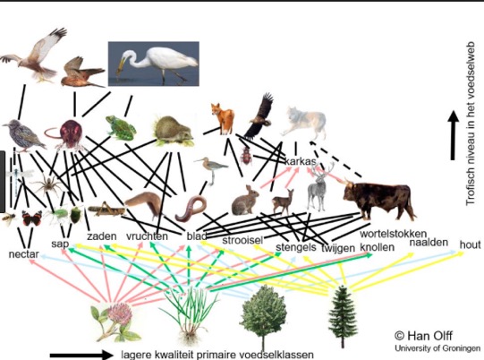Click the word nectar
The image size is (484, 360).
(x=24, y=254)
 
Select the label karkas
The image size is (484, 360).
(x=300, y=161)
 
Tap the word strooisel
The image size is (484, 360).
(x=242, y=240)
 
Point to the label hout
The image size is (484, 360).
(x=470, y=244)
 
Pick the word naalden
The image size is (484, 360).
(x=429, y=243)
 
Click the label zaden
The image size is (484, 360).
(x=102, y=236)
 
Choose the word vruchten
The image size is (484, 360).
(x=147, y=236)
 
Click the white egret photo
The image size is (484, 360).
(x=153, y=64)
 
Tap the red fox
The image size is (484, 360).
(x=223, y=119)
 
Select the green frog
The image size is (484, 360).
(x=121, y=128)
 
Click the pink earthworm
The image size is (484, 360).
(x=191, y=209)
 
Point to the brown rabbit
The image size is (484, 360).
(x=245, y=201)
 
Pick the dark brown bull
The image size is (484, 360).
(x=378, y=199)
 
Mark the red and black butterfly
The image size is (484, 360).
(x=32, y=219)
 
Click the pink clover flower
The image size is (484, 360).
(x=115, y=321)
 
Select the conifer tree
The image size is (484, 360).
(x=342, y=316)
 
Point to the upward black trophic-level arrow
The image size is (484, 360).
(x=453, y=135)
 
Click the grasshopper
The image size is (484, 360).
(x=106, y=209)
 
